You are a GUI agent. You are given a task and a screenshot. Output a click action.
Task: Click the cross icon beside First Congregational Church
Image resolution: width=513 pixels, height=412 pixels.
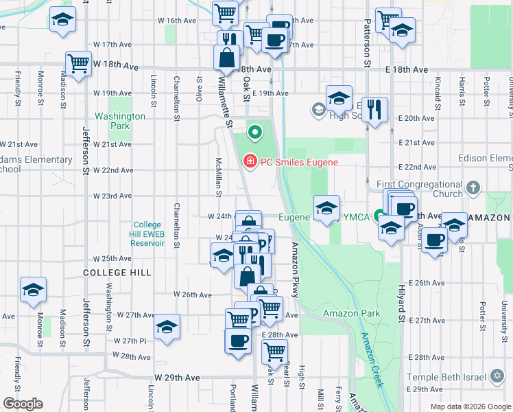click(x=474, y=187)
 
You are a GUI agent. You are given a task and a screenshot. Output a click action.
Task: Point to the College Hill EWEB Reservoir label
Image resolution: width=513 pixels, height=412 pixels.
click(x=147, y=233)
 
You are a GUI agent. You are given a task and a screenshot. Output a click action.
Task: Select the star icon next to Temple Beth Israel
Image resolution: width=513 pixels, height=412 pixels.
click(x=497, y=377)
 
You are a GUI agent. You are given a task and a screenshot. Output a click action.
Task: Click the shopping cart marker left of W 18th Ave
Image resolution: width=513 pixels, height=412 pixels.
click(x=79, y=64)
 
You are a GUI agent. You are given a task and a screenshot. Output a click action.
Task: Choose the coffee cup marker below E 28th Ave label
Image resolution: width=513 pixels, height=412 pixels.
click(x=239, y=341)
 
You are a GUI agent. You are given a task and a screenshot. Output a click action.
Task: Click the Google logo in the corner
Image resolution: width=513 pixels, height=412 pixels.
click(x=23, y=404)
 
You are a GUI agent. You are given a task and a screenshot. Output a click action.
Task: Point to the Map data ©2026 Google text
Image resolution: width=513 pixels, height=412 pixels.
click(x=470, y=407)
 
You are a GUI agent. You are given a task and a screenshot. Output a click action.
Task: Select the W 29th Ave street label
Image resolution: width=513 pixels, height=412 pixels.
click(x=177, y=378)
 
